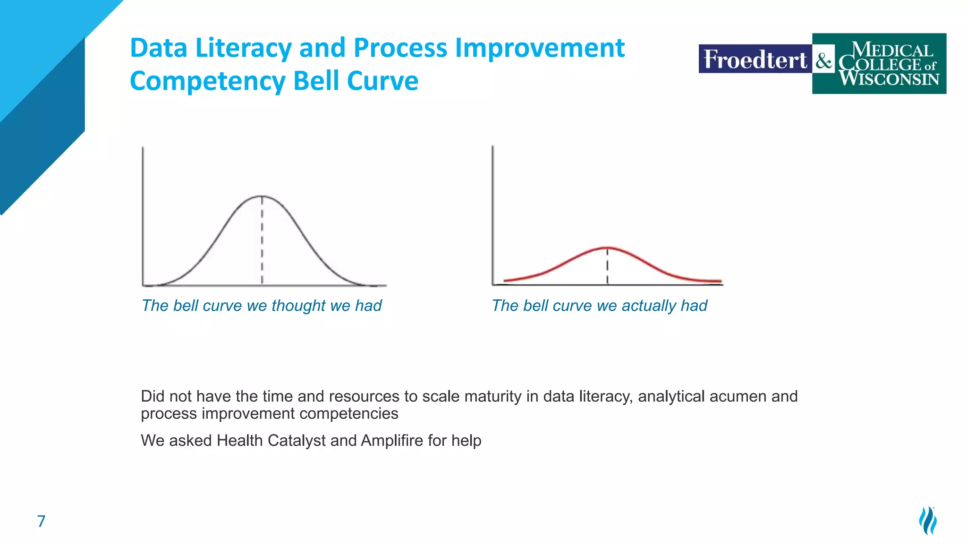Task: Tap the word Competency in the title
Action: coord(207,81)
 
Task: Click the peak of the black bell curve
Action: coord(262,195)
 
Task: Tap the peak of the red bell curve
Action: coord(608,247)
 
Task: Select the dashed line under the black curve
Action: coord(262,241)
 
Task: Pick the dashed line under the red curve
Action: coord(608,267)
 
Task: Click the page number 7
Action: coord(41,521)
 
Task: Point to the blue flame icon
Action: coord(928,521)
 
